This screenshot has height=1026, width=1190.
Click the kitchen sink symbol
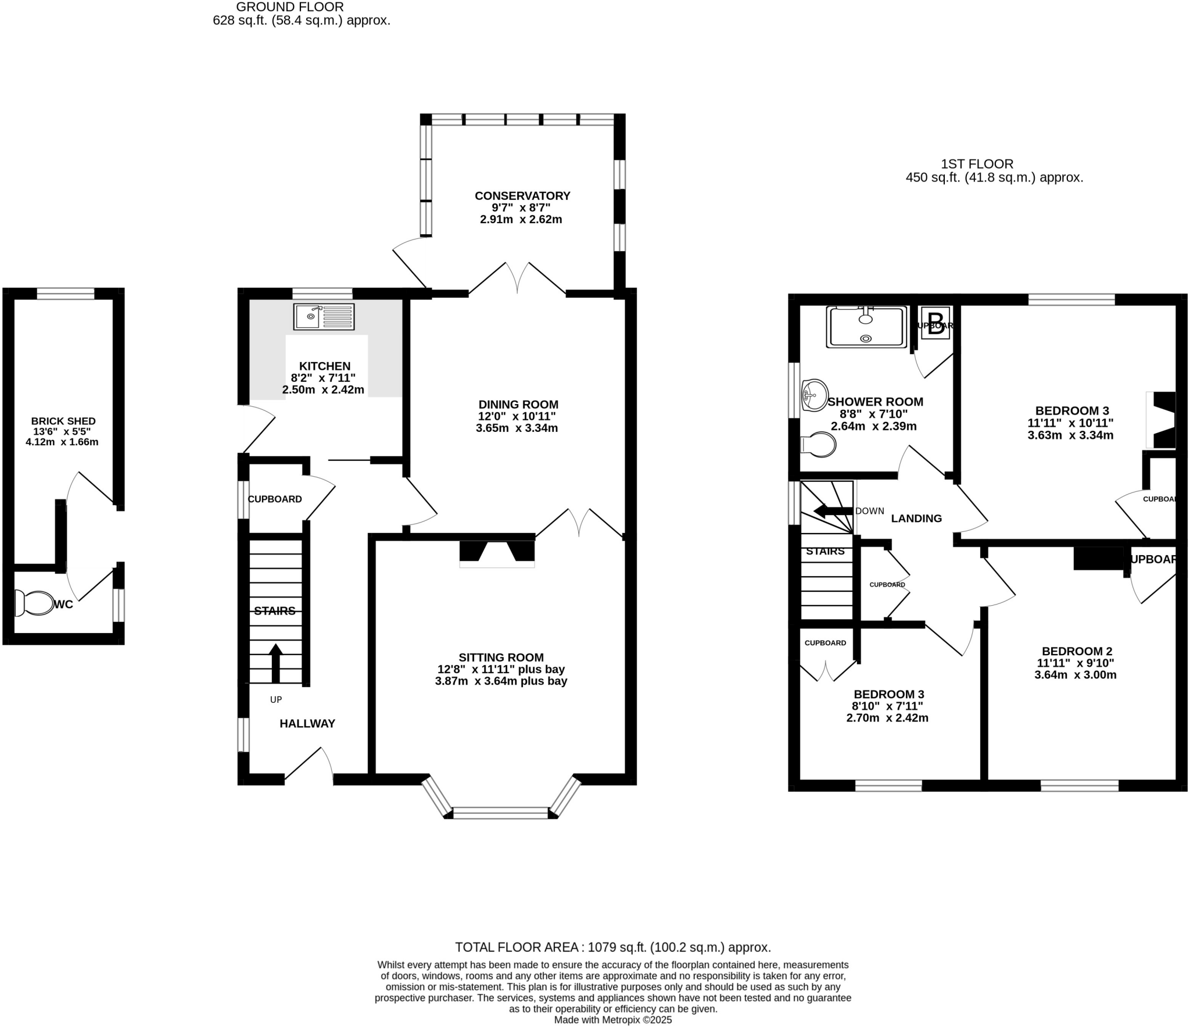coord(324,316)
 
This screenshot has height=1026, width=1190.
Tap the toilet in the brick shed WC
coord(34,603)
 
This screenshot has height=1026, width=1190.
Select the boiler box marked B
coord(935,323)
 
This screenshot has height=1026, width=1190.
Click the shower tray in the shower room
coord(866,327)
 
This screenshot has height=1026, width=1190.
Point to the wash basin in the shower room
coord(814,395)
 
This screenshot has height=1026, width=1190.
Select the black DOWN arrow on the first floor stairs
coord(833,511)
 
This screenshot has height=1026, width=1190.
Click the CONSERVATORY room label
coord(522,196)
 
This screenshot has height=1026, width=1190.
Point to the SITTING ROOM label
coord(501,657)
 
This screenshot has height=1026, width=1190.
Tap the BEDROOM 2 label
coord(1076,651)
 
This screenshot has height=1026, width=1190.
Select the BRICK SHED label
coord(63,421)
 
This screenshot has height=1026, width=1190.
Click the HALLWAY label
coord(307,724)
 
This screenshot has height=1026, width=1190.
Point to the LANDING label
coord(916,519)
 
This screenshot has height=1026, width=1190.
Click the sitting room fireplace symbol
coord(497,552)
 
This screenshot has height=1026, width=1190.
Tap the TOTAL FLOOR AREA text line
coord(612,948)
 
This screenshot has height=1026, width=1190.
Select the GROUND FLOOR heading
coord(289,7)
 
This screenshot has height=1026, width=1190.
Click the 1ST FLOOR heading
coord(977,165)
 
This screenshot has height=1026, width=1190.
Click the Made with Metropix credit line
coord(612,1020)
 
